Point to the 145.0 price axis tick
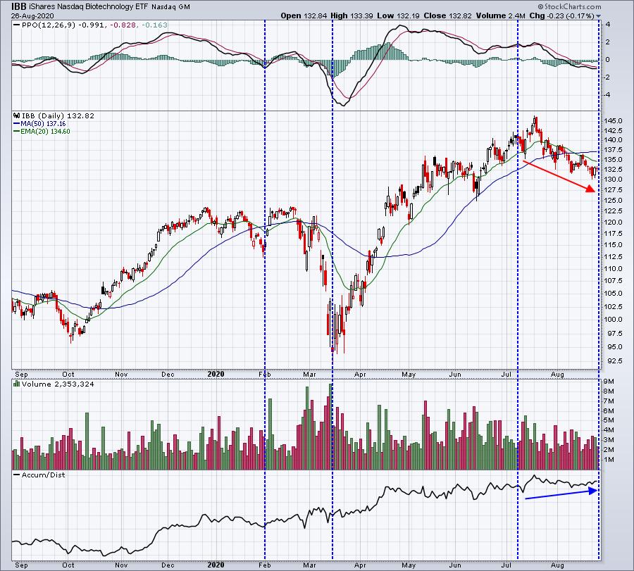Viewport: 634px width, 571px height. coord(613,120)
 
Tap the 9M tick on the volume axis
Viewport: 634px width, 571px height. coord(609,381)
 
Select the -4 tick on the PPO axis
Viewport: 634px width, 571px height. coord(607,94)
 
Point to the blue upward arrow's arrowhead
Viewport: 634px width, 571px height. coord(595,490)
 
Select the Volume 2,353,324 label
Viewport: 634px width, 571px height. coord(48,385)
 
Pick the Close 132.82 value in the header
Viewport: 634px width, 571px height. coord(475,15)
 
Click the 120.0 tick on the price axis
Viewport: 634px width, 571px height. coord(613,222)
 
